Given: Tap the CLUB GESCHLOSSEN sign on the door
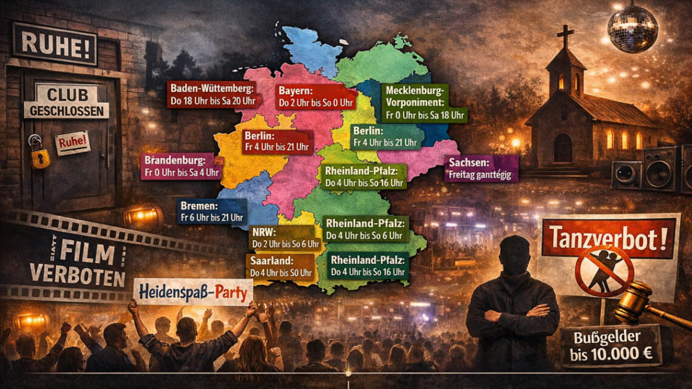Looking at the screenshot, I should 67,102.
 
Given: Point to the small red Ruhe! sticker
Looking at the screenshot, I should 72,143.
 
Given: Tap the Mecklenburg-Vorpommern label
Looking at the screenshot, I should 425,103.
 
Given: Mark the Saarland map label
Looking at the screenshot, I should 280,265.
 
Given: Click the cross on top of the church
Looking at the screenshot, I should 565,36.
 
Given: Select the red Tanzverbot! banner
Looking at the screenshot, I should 610,236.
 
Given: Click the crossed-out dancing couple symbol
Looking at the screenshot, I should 604,271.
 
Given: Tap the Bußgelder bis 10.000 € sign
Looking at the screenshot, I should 610,345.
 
